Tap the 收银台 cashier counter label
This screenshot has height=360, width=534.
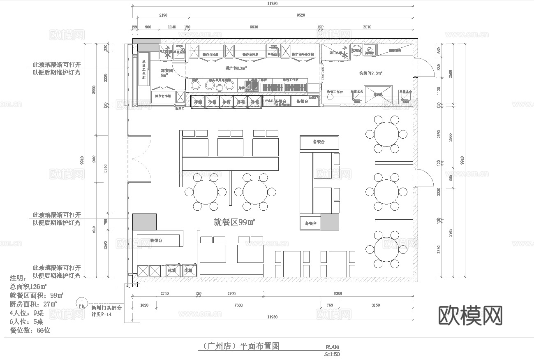pos(156,240)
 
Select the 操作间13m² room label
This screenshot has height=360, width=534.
pos(236,68)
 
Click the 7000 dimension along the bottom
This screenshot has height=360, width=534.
pos(238,305)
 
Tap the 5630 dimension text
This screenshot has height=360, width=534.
pos(254,27)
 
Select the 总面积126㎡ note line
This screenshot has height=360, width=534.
pos(28,286)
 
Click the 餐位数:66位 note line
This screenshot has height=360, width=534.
pos(30,330)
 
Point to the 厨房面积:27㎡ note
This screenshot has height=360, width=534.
pos(33,304)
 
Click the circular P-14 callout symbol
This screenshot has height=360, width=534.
pos(81,305)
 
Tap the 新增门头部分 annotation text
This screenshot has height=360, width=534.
pos(106,308)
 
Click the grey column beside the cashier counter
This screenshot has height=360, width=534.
pos(144,222)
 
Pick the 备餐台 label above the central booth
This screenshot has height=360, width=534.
pos(319,142)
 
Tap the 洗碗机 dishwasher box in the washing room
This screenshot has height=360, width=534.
pos(378,94)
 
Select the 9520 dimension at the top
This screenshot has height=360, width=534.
pos(301,15)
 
